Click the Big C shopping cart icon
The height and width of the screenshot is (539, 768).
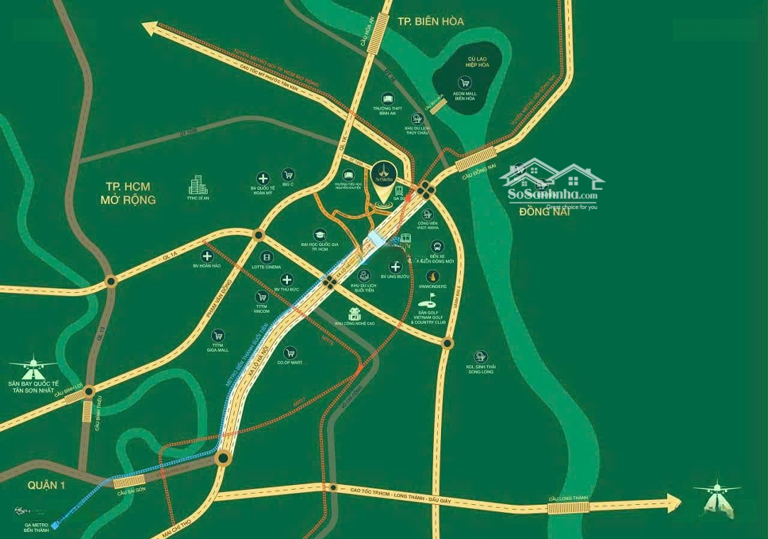288,174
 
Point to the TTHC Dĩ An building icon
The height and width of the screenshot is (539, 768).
197,186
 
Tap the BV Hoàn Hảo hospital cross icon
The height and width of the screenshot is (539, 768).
207,256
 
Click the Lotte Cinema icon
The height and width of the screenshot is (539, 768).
267,257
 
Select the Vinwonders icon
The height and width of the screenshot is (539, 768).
432,276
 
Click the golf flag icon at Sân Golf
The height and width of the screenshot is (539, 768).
429,302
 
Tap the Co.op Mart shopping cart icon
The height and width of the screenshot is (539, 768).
289,351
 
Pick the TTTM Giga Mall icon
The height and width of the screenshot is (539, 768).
218,335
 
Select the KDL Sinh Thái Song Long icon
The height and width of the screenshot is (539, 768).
481,356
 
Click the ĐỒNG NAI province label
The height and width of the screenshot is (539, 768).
540,211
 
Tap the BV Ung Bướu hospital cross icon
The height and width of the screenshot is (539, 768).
396,266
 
